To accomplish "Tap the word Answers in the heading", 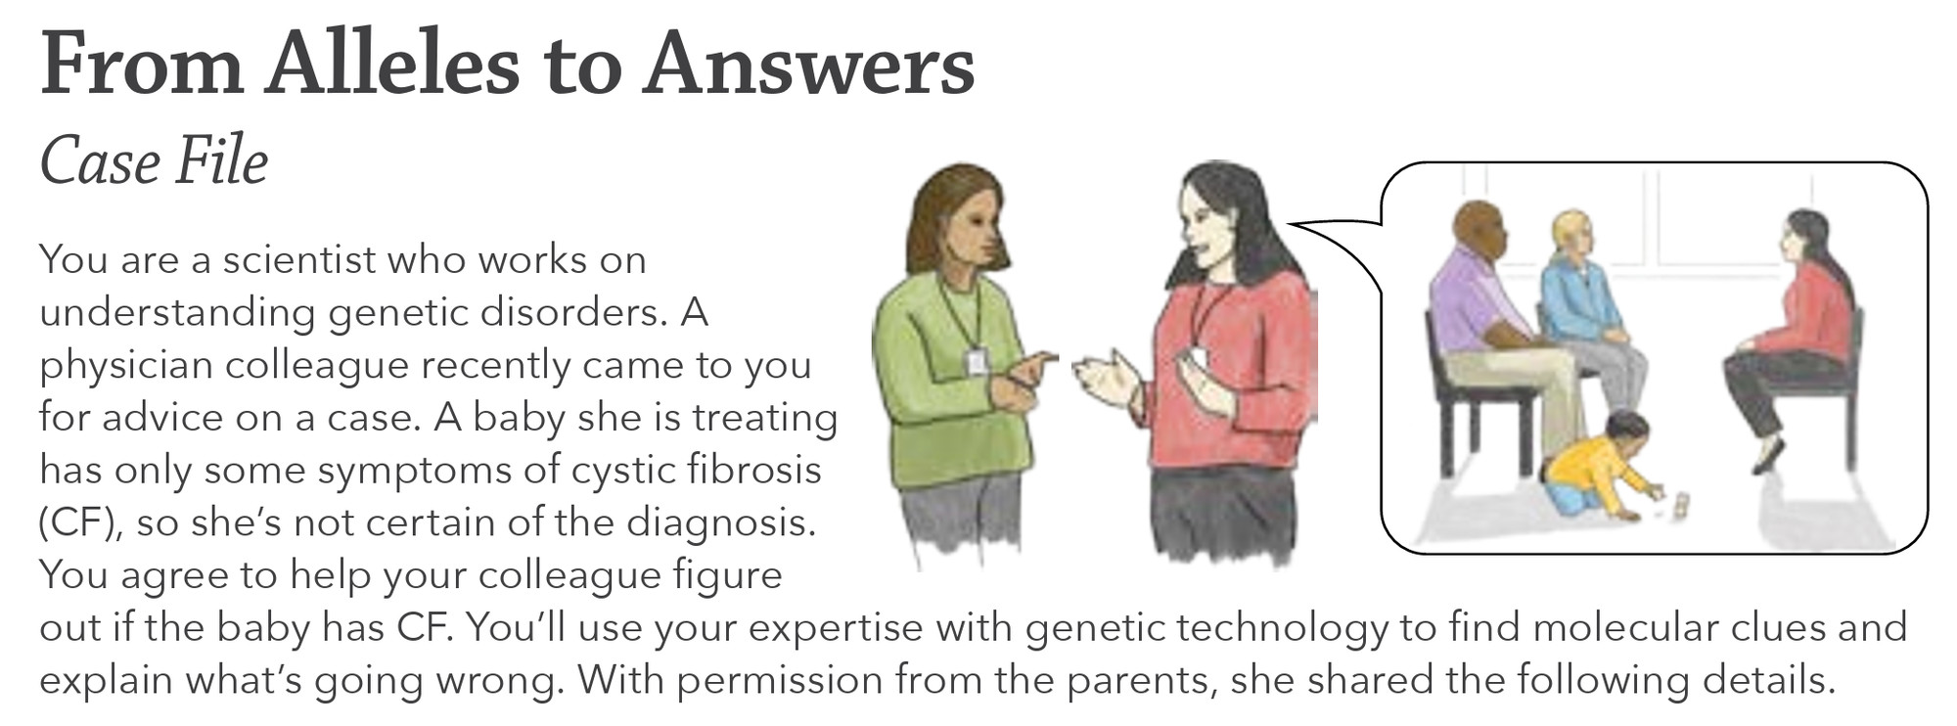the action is point(808,65).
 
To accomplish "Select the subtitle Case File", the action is point(154,161).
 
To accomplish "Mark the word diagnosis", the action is point(720,522).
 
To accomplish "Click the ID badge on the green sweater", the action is point(977,362).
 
